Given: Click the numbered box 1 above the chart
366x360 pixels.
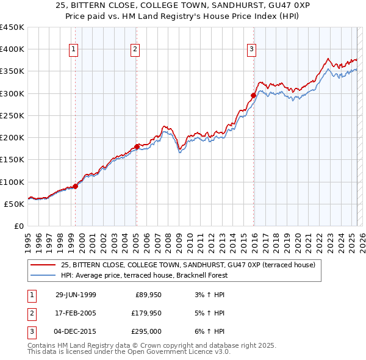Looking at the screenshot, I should point(74,49).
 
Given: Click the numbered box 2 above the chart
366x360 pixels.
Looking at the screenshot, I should point(135,49).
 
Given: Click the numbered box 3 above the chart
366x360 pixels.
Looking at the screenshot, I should point(251,49).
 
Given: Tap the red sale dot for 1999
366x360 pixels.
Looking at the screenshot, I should point(76,186).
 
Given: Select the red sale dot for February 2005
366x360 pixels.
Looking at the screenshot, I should point(137,146).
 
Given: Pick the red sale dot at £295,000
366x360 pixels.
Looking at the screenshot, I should point(253,95).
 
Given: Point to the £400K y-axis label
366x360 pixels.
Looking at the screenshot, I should point(12,49).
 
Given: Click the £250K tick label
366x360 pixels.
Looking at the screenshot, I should point(12,115).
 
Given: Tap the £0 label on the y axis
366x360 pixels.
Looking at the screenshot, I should point(19,226).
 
